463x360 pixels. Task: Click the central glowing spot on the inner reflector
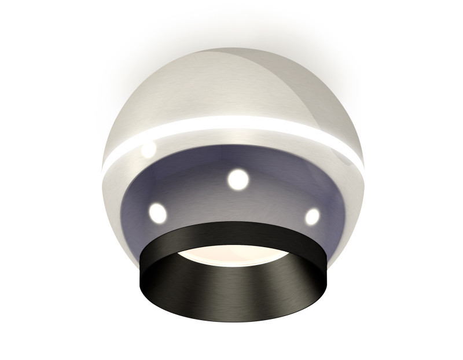click(x=237, y=180)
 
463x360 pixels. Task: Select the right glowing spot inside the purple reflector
click(x=312, y=216)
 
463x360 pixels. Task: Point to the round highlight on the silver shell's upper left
click(x=149, y=149)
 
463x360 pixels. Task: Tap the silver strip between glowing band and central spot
click(x=234, y=145)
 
